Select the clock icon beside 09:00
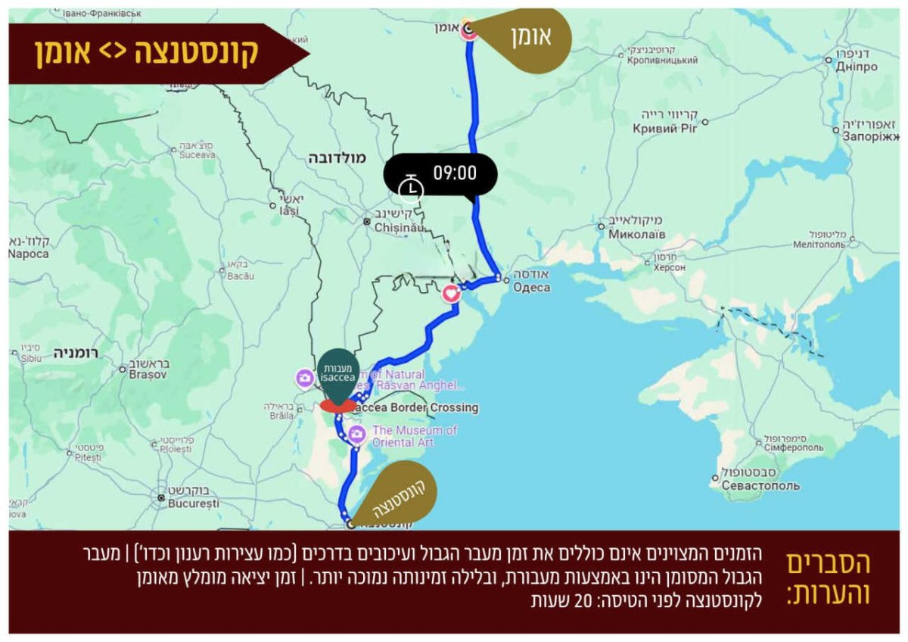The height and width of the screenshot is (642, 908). pyautogui.click(x=411, y=187)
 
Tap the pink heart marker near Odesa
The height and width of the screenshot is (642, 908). pyautogui.click(x=451, y=293)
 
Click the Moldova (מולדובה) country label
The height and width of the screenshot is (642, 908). pyautogui.click(x=337, y=158)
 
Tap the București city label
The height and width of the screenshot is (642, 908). pyautogui.click(x=194, y=503)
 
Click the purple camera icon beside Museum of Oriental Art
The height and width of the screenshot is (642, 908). pyautogui.click(x=356, y=435)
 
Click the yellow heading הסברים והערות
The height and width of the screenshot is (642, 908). pyautogui.click(x=828, y=579)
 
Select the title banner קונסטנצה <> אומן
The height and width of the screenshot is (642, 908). pyautogui.click(x=148, y=52)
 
